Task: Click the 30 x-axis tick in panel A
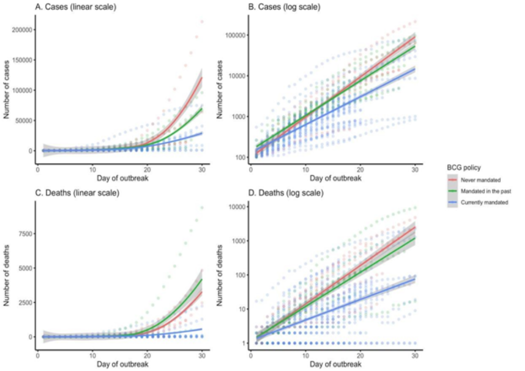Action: tap(202, 170)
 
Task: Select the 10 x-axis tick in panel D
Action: tap(304, 356)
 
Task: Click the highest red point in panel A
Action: tap(202, 22)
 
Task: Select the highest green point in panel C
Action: tap(202, 207)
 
